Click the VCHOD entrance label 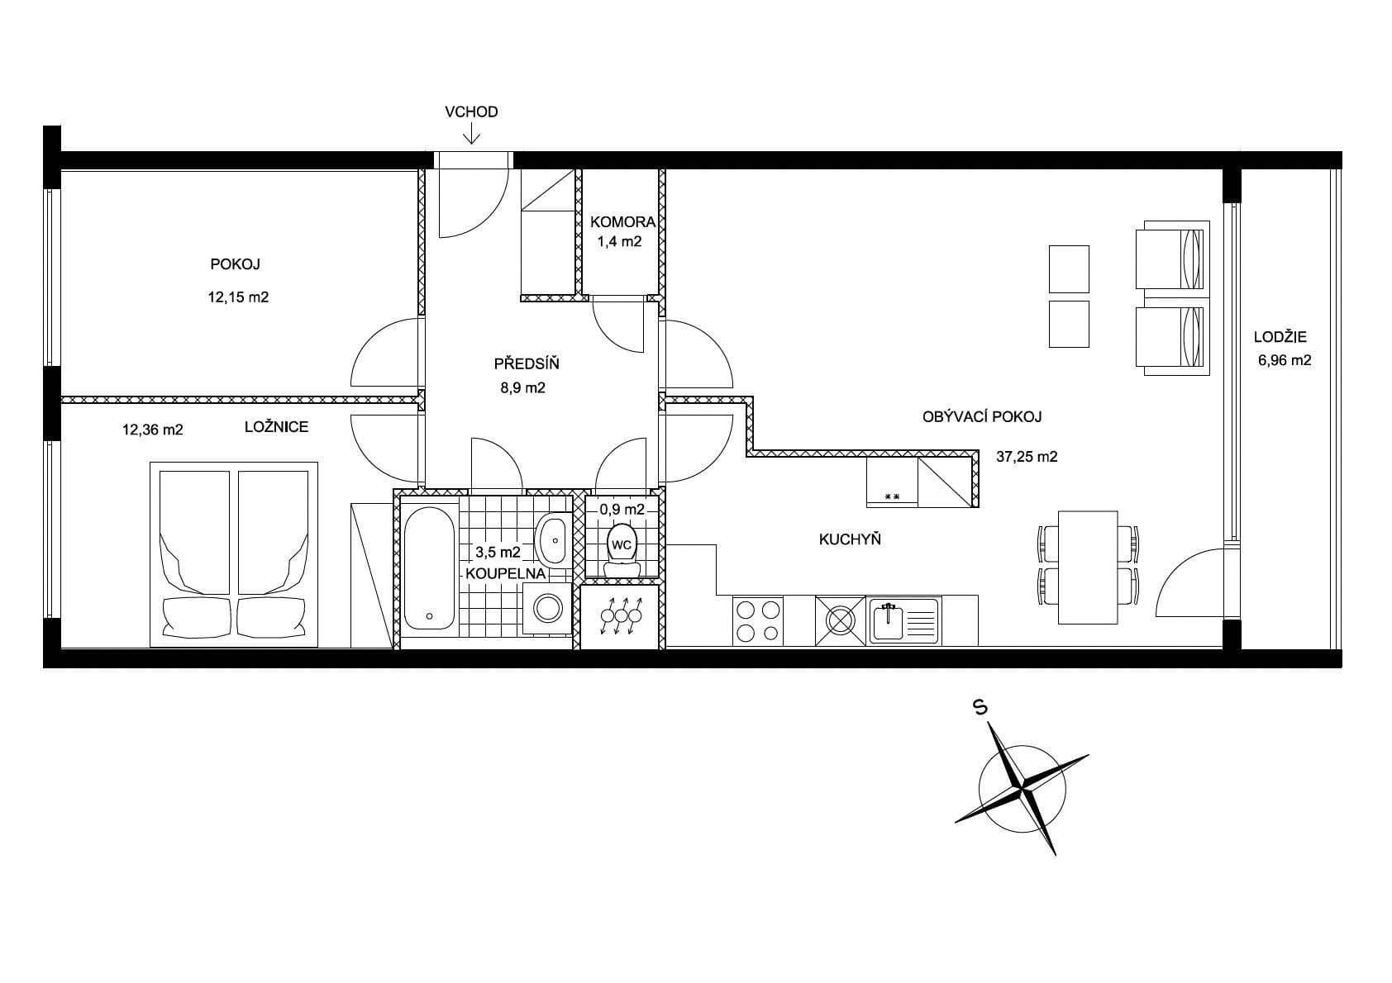tap(471, 112)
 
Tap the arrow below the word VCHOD tap(471, 134)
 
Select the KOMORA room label tap(622, 221)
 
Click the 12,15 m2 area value tap(238, 297)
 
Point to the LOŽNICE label tap(276, 427)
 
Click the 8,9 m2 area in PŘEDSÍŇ tap(523, 387)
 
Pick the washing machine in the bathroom tap(547, 609)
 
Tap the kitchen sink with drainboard tap(903, 620)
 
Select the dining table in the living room tap(1087, 567)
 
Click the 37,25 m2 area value tap(1027, 456)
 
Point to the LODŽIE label tap(1280, 337)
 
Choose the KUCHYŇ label tap(850, 539)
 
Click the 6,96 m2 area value tap(1285, 360)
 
